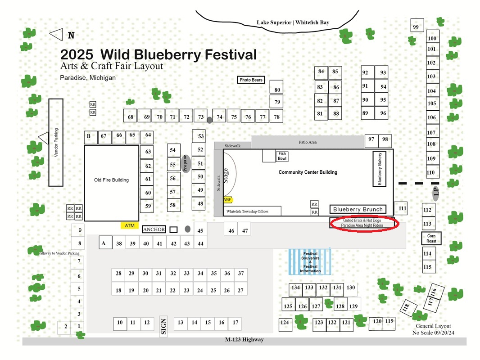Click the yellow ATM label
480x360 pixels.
click(130, 225)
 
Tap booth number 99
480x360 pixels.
click(417, 25)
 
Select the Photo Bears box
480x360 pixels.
click(251, 80)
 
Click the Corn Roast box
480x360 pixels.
click(431, 238)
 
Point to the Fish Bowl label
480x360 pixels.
click(282, 156)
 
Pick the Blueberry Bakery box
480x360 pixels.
click(379, 169)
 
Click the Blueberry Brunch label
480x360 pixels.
click(358, 209)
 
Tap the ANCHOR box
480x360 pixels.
click(154, 229)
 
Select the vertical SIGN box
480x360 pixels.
click(163, 326)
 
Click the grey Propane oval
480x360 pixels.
click(185, 164)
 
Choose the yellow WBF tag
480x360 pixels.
click(227, 200)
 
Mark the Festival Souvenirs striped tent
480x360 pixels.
click(310, 262)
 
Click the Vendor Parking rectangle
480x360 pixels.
click(56, 143)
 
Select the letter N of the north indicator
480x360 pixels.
click(71, 35)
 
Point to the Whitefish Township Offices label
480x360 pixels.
click(247, 211)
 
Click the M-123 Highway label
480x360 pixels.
click(245, 339)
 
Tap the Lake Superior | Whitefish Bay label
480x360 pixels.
click(293, 22)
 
